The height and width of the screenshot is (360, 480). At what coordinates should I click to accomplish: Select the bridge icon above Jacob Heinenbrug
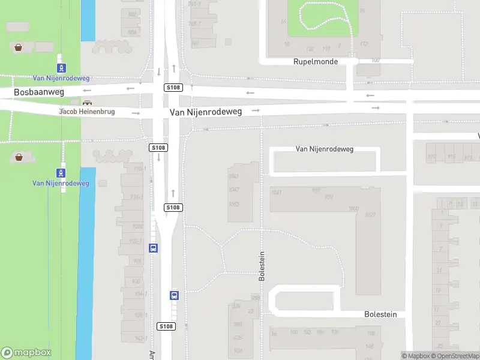(x=88, y=103)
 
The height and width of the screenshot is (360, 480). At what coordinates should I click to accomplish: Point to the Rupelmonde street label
(x=316, y=62)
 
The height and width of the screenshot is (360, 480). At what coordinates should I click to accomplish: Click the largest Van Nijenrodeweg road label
(x=206, y=112)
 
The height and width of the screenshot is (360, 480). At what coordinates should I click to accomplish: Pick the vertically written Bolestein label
(x=262, y=266)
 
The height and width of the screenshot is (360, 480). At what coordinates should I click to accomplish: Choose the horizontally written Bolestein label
(x=381, y=314)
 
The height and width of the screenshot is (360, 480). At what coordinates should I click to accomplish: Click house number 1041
(x=276, y=192)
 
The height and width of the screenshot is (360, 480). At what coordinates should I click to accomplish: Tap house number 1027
(x=370, y=215)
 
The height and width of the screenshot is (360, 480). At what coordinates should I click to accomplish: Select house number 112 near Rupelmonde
(x=364, y=44)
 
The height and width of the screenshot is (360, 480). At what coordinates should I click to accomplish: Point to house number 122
(x=310, y=49)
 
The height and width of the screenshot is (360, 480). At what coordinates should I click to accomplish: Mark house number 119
(x=326, y=49)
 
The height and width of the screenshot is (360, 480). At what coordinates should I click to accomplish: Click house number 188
(x=371, y=334)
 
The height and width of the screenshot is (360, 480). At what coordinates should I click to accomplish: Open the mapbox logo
(x=26, y=353)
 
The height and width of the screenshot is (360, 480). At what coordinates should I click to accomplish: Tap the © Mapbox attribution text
(x=416, y=356)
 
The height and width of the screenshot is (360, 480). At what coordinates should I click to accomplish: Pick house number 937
(x=316, y=191)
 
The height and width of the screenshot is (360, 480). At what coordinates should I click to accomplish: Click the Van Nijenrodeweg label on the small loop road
(x=325, y=149)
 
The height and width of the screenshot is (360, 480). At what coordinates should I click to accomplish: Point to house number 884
(x=132, y=32)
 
